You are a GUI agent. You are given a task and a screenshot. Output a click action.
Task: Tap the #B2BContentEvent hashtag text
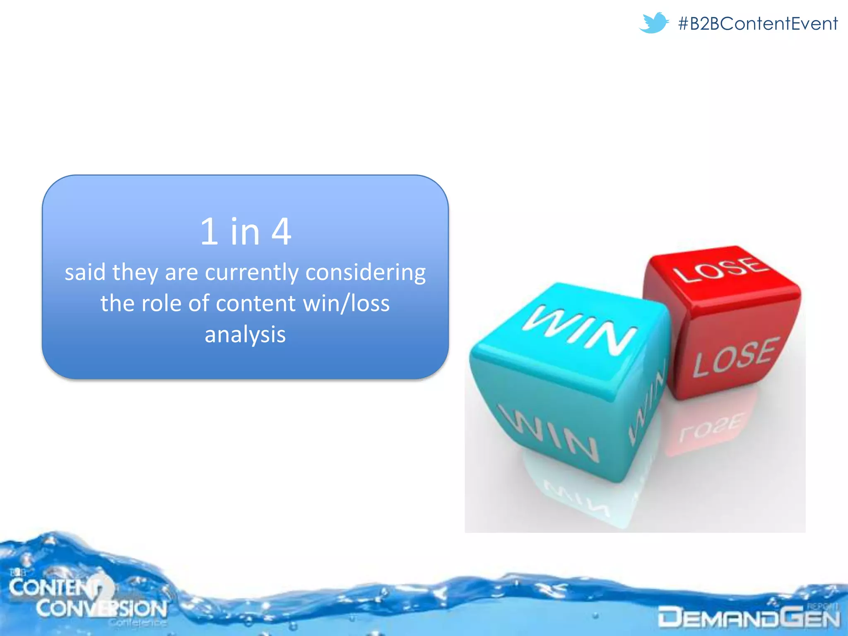click(x=758, y=24)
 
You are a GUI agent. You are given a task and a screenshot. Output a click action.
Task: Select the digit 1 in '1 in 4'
click(x=209, y=231)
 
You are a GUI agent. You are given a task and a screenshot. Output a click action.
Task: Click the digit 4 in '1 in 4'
click(x=281, y=231)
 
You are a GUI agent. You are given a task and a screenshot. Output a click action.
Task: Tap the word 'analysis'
click(x=245, y=335)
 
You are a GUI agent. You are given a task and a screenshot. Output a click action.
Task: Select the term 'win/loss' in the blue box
click(x=346, y=304)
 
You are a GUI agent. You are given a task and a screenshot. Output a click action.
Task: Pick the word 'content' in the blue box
click(x=255, y=304)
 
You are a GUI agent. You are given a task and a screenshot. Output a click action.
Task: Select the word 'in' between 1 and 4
click(x=245, y=231)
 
